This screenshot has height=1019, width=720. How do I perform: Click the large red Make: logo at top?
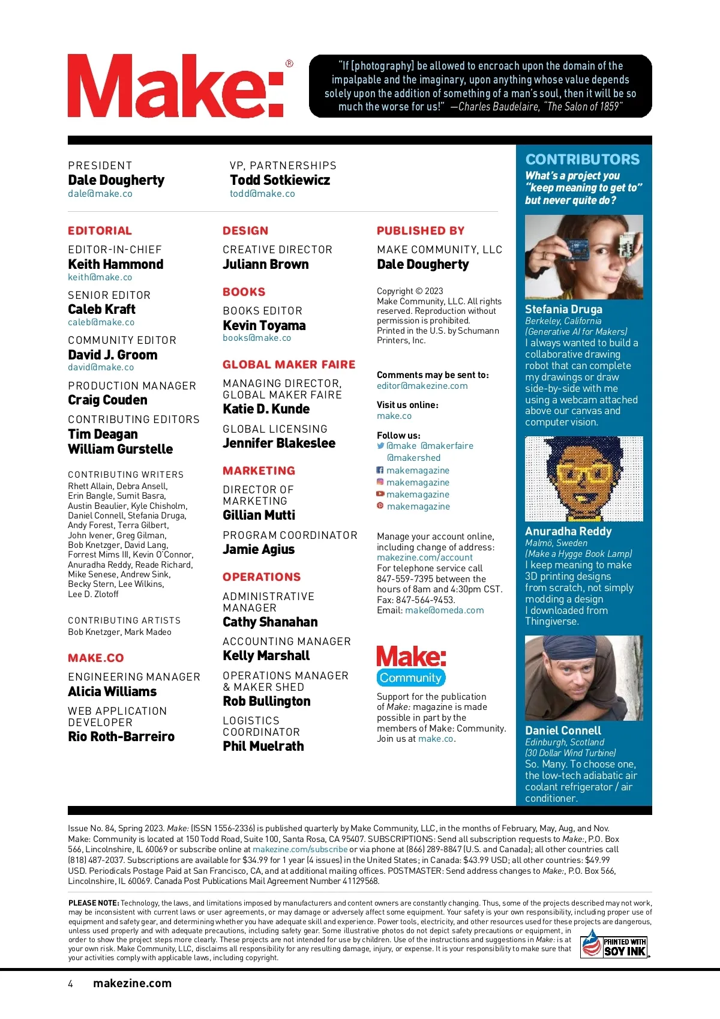coord(175,86)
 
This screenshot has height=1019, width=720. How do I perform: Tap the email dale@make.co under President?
coord(100,194)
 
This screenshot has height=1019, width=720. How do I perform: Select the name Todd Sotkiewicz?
coord(280,180)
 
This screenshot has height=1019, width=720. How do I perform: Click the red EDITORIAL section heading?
coord(100,231)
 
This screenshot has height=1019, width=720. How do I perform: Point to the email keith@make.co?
coord(100,277)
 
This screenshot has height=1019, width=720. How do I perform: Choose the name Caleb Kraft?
coord(102,310)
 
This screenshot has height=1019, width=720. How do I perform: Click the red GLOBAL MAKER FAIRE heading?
coord(289,365)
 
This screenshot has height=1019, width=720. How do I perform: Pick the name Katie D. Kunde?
coord(266,409)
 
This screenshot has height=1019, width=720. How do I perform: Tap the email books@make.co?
coord(257,338)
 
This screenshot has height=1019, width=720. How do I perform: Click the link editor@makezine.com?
coord(422,386)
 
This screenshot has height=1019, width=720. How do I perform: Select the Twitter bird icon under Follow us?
coord(380,446)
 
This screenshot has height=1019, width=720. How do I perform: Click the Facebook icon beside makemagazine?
coord(380,470)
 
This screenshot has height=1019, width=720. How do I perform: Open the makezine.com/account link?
coord(424,558)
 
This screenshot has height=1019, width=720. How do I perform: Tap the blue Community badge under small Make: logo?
coord(411,678)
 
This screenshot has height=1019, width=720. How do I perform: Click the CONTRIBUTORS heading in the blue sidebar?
coord(583,160)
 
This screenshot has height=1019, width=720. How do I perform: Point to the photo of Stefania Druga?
coord(584,257)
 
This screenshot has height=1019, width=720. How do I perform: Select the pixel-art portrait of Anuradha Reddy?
coord(584,479)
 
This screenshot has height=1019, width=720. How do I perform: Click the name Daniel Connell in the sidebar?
coord(563,730)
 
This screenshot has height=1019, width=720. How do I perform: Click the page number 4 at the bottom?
coord(71,984)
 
